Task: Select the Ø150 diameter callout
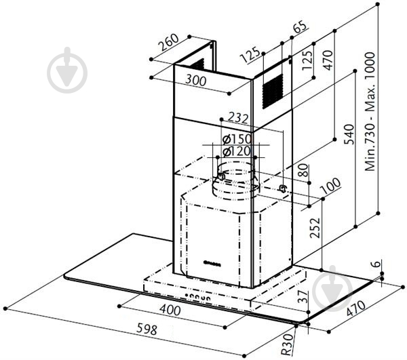pyautogui.click(x=233, y=139)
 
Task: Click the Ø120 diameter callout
pyautogui.click(x=233, y=151)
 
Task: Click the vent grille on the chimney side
pyautogui.click(x=273, y=86)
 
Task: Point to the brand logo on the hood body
pyautogui.click(x=214, y=260)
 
